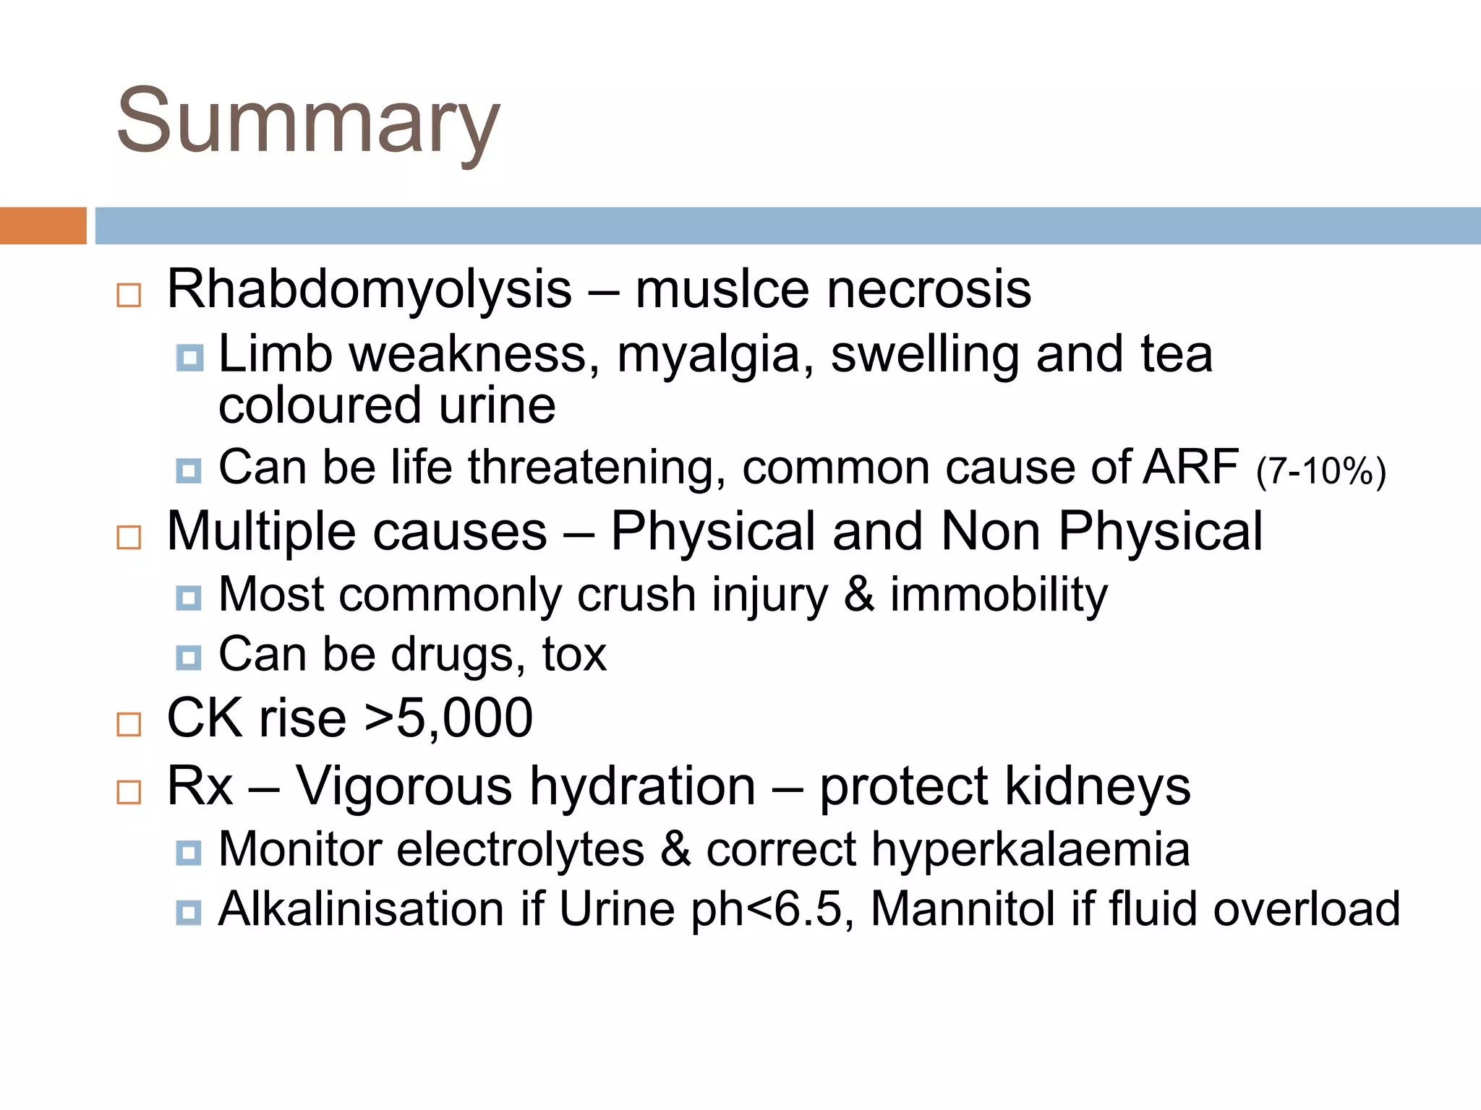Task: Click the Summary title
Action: pos(308,121)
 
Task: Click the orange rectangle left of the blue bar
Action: pos(43,225)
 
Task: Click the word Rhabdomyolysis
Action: pos(369,289)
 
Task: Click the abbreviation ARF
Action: pos(1191,468)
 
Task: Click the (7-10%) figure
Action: pos(1320,471)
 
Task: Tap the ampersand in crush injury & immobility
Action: pos(858,595)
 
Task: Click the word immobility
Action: pos(999,595)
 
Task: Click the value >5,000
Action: pos(449,719)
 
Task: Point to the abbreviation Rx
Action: pos(200,786)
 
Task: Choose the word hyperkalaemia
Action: pos(1030,849)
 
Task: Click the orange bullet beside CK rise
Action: pos(129,723)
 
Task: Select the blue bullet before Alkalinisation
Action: pos(189,913)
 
